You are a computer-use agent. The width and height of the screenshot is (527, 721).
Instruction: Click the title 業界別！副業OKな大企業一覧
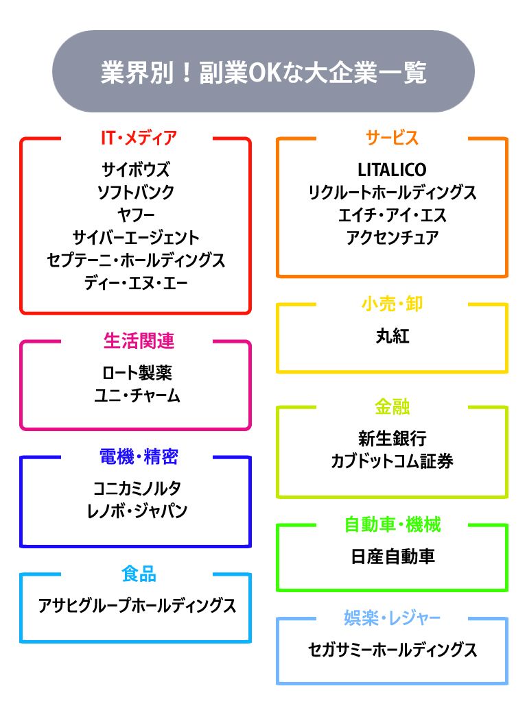(263, 72)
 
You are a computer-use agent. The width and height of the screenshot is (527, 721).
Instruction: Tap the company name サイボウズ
(136, 169)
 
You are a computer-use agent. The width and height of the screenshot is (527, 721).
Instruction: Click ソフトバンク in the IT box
(136, 192)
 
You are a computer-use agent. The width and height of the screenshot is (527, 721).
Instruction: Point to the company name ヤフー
(136, 215)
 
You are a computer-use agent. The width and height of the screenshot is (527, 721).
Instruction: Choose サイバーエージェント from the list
(136, 238)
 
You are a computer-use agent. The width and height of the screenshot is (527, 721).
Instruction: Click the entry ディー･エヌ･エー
(136, 283)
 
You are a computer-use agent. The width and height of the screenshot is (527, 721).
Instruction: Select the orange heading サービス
(392, 138)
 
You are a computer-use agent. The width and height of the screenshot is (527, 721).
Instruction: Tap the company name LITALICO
(392, 169)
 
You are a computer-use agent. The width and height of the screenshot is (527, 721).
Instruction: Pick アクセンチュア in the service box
(392, 238)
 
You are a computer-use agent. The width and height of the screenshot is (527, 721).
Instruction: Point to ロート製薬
(136, 373)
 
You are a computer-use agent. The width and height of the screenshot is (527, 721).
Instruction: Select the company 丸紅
(392, 336)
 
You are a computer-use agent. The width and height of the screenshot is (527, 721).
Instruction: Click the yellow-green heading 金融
(392, 407)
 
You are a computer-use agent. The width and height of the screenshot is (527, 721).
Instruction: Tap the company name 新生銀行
(392, 438)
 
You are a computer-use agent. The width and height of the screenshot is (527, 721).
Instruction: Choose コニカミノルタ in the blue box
(136, 489)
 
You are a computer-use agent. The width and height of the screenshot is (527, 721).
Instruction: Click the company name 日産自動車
(392, 557)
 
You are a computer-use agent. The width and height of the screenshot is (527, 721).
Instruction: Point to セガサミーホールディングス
(392, 650)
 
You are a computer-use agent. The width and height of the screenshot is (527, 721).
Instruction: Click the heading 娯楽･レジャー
(392, 618)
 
